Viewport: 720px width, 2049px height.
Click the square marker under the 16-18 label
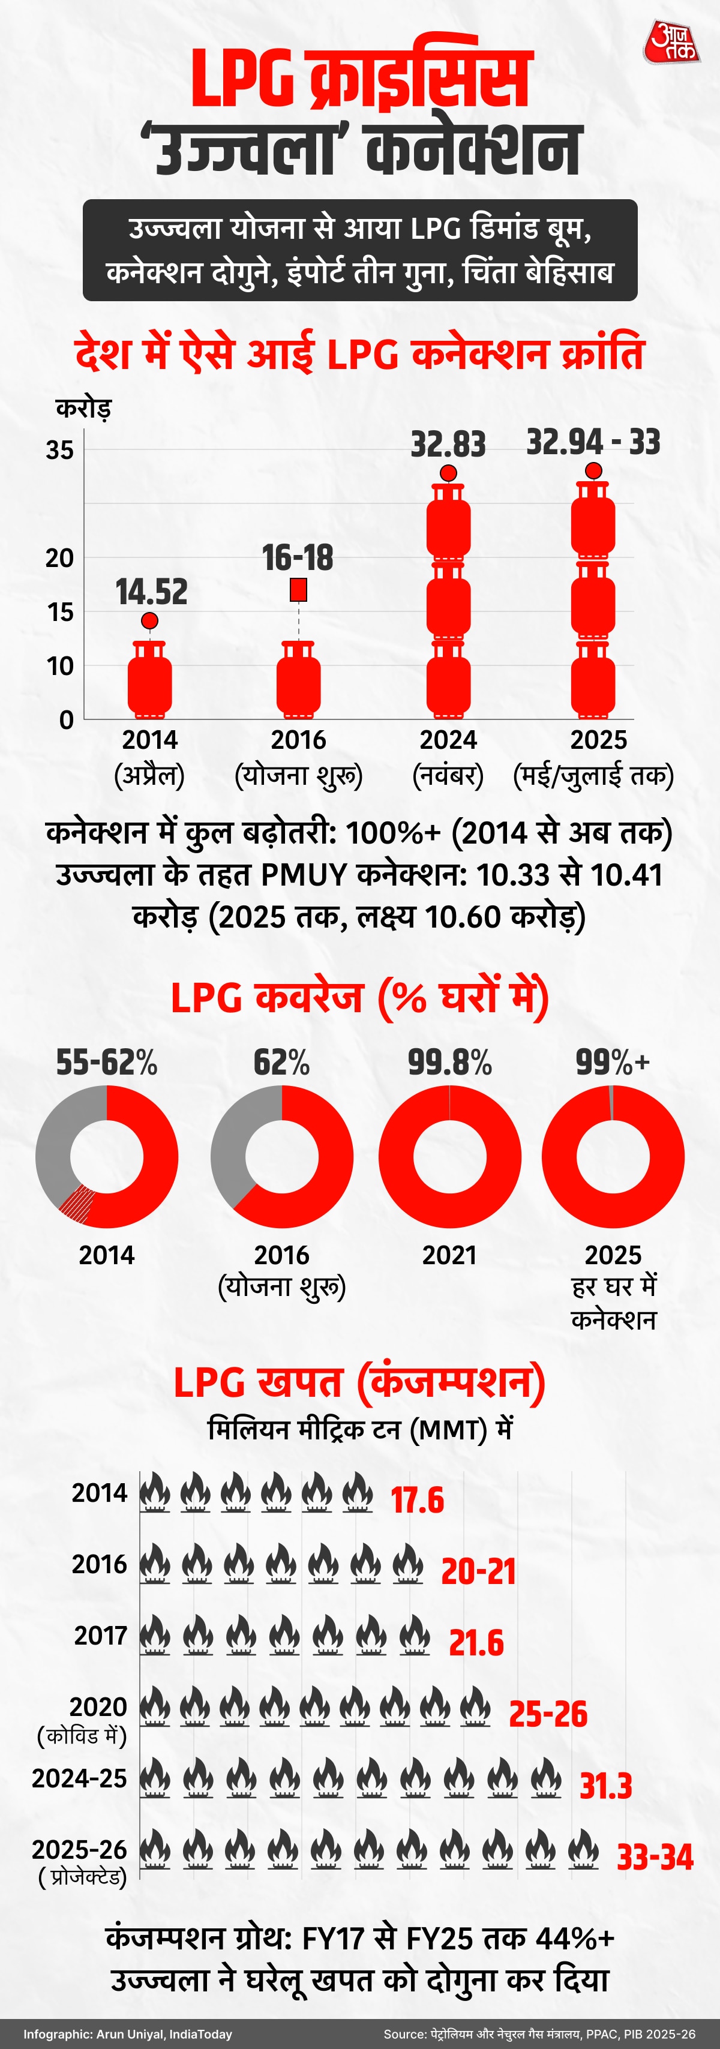tap(298, 589)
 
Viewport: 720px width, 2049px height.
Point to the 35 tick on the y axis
tap(59, 450)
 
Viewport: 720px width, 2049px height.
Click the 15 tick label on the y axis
tap(59, 613)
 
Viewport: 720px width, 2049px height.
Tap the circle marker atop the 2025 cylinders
tap(593, 471)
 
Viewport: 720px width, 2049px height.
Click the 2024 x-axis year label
tap(448, 740)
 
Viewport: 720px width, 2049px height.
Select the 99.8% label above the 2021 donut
tap(449, 1063)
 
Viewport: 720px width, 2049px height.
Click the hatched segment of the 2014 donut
tap(78, 1204)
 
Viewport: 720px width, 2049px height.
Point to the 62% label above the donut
tap(281, 1063)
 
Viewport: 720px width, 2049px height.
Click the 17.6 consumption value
tap(417, 1500)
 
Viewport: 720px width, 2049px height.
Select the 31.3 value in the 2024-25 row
tap(605, 1786)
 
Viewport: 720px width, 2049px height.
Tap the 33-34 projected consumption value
tap(655, 1858)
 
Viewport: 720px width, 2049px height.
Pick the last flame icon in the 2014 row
tap(357, 1493)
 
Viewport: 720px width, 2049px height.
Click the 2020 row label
tap(98, 1707)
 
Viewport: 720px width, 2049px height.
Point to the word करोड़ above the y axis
tap(83, 408)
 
